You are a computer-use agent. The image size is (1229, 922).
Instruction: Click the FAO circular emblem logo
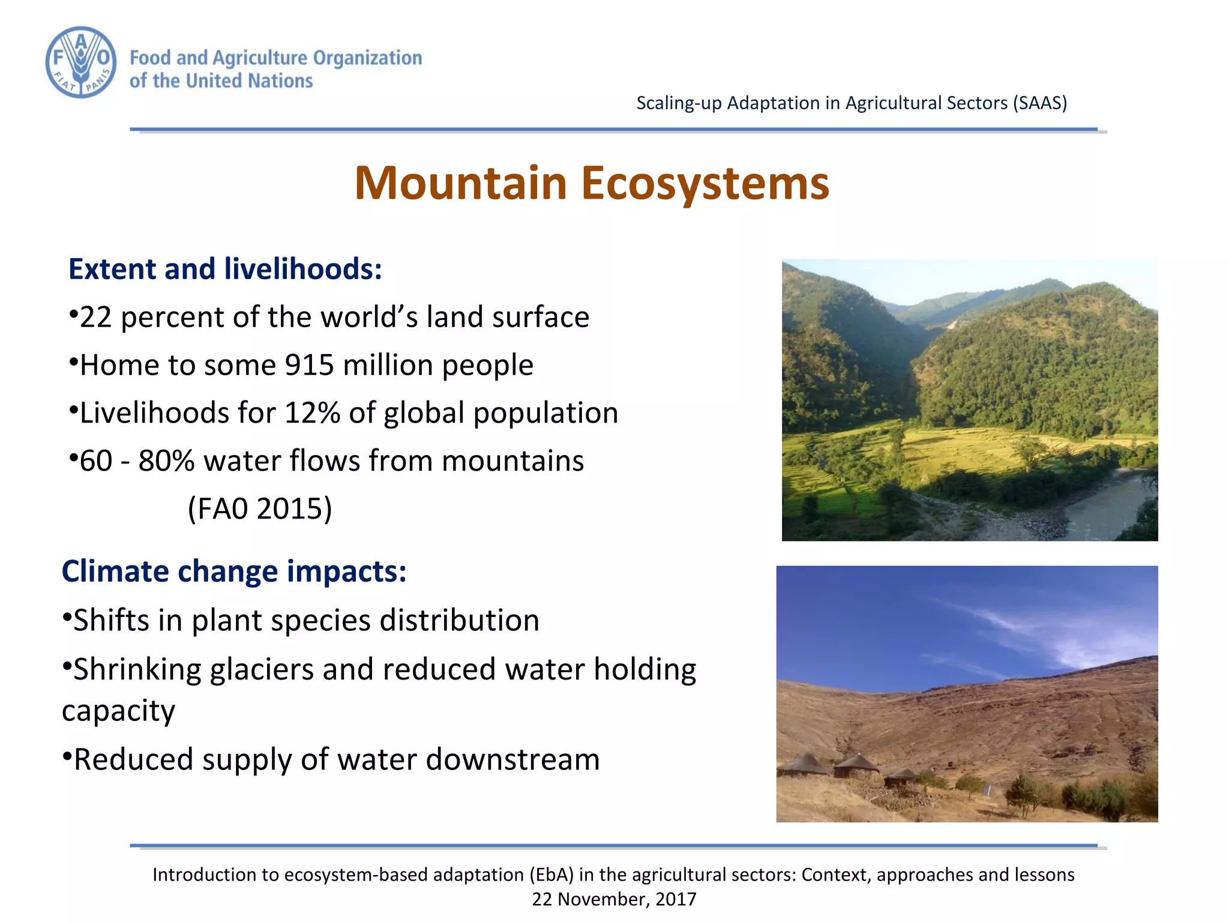pos(81,62)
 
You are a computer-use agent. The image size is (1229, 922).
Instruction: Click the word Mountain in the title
pos(460,183)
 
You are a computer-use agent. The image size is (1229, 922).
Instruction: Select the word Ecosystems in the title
pos(705,183)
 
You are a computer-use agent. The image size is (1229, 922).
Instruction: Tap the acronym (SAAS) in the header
pos(1040,103)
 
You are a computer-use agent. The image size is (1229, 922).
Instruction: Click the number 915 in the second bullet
pos(308,365)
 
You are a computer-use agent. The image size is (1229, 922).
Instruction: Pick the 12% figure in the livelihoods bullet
pos(312,413)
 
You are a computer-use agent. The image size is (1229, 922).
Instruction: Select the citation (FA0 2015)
pos(260,508)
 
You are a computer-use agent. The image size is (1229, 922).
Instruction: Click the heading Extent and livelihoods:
pos(225,269)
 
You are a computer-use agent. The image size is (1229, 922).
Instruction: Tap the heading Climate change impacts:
pos(234,571)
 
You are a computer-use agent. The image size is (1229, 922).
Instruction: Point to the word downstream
pos(513,759)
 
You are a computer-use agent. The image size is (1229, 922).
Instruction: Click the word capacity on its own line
pos(118,711)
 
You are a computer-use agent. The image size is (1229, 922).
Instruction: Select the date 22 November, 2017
pos(614,899)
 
